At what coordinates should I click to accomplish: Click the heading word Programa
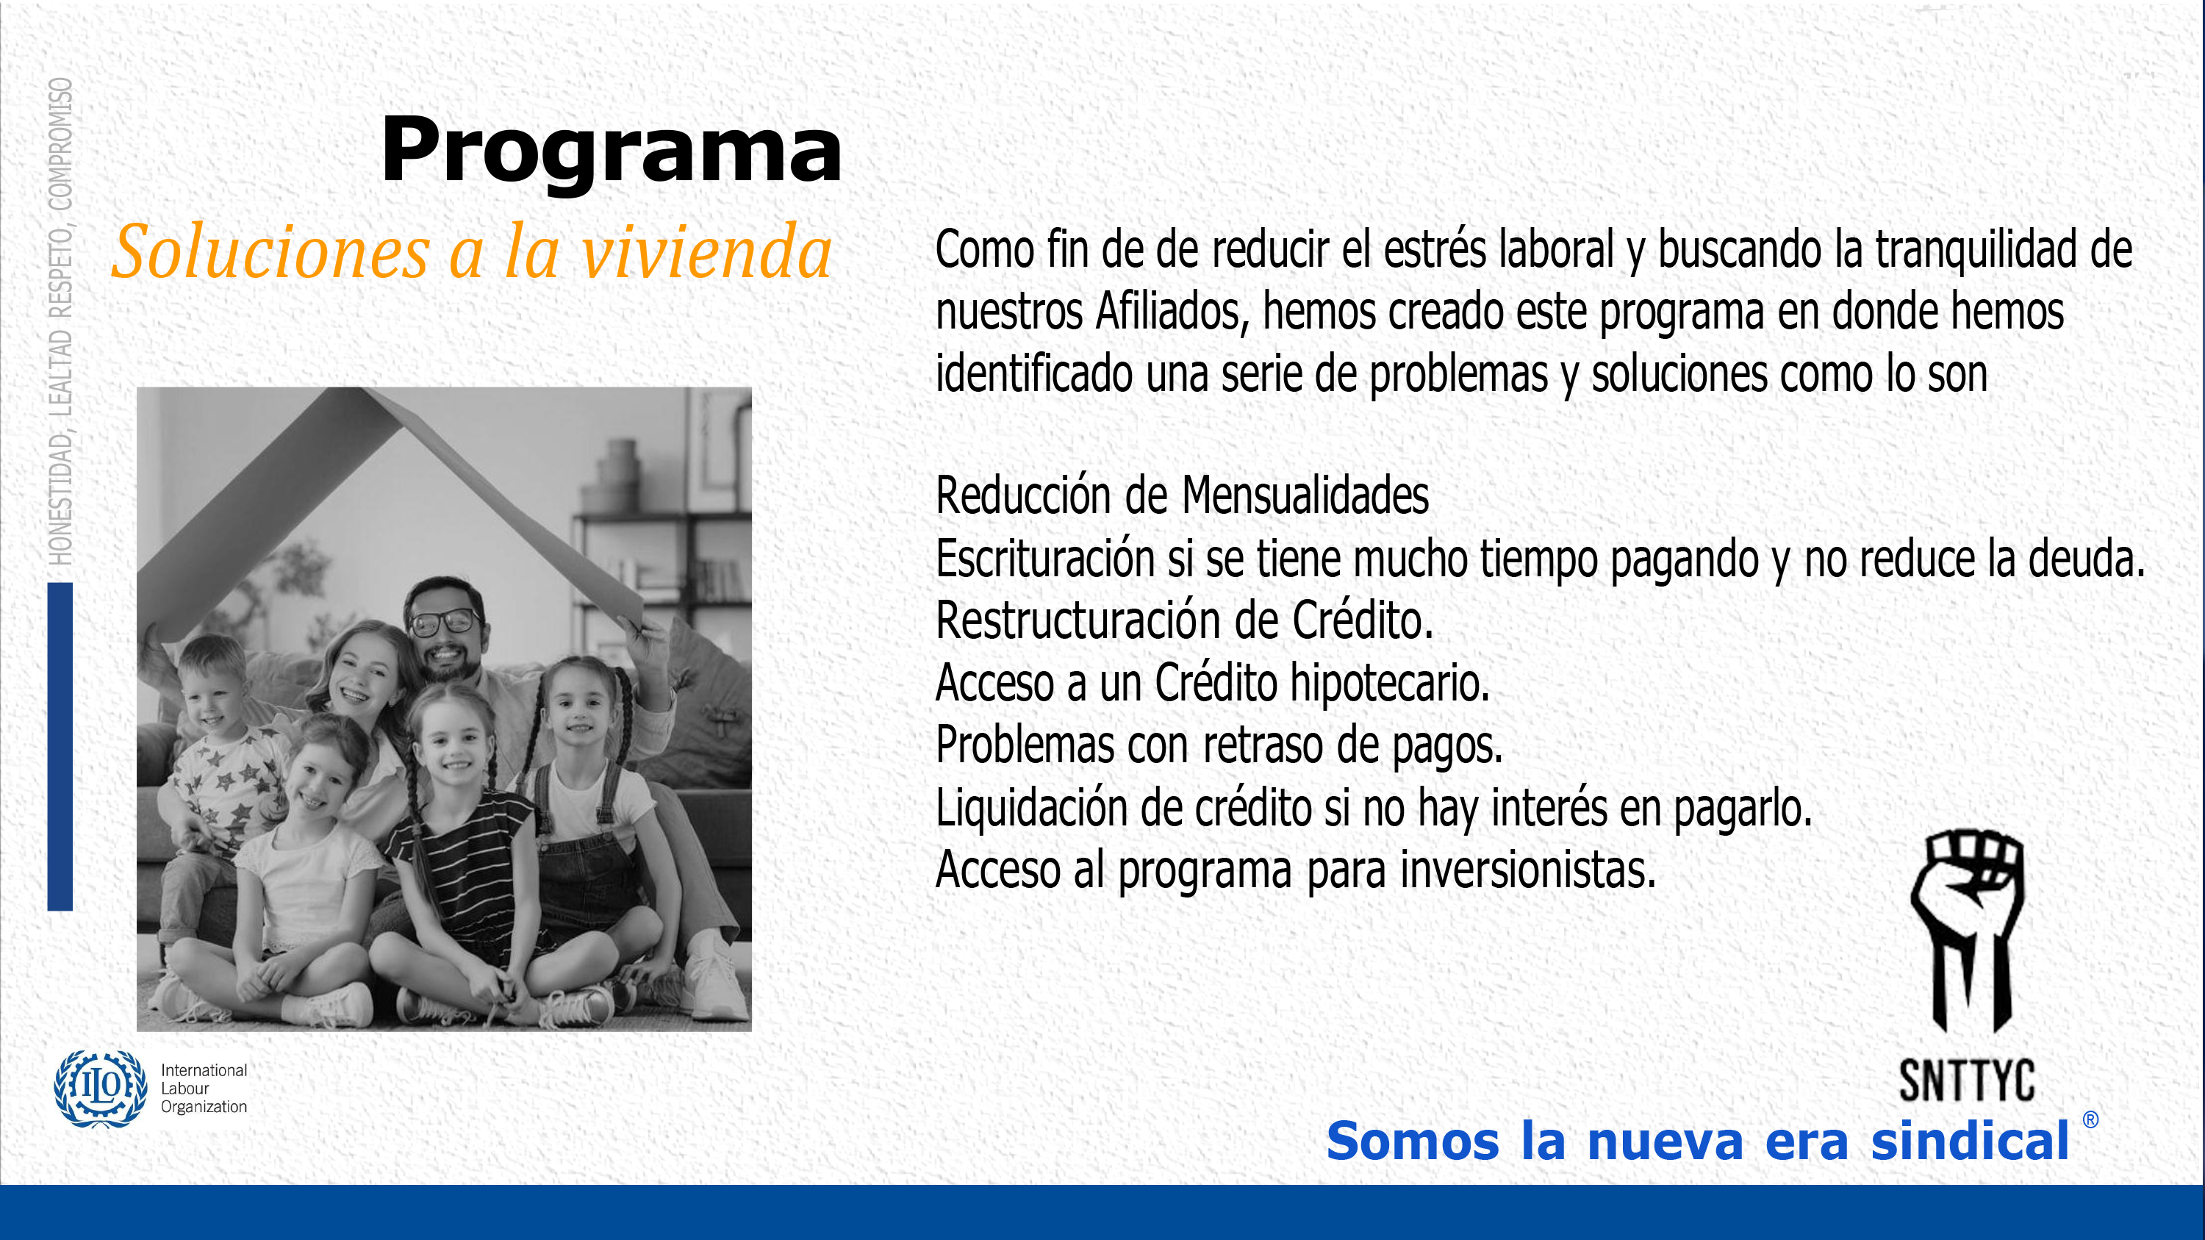(x=612, y=151)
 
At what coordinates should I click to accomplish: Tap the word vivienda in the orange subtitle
(x=706, y=252)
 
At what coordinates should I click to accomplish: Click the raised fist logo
(x=1968, y=931)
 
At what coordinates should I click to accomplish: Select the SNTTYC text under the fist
(x=1967, y=1080)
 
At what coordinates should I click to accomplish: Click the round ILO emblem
(x=101, y=1089)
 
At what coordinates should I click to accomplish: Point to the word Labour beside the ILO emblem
(x=185, y=1089)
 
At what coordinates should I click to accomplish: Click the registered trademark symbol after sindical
(x=2090, y=1119)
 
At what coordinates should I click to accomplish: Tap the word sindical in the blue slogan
(x=1971, y=1141)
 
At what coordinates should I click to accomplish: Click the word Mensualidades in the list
(x=1305, y=495)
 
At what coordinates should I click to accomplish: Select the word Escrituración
(x=1046, y=558)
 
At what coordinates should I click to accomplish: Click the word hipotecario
(x=1390, y=683)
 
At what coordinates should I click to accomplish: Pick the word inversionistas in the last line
(x=1528, y=870)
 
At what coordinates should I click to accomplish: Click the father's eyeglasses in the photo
(x=445, y=621)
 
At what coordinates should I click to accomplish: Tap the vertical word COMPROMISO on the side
(x=60, y=144)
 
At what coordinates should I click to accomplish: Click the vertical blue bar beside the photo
(x=60, y=746)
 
